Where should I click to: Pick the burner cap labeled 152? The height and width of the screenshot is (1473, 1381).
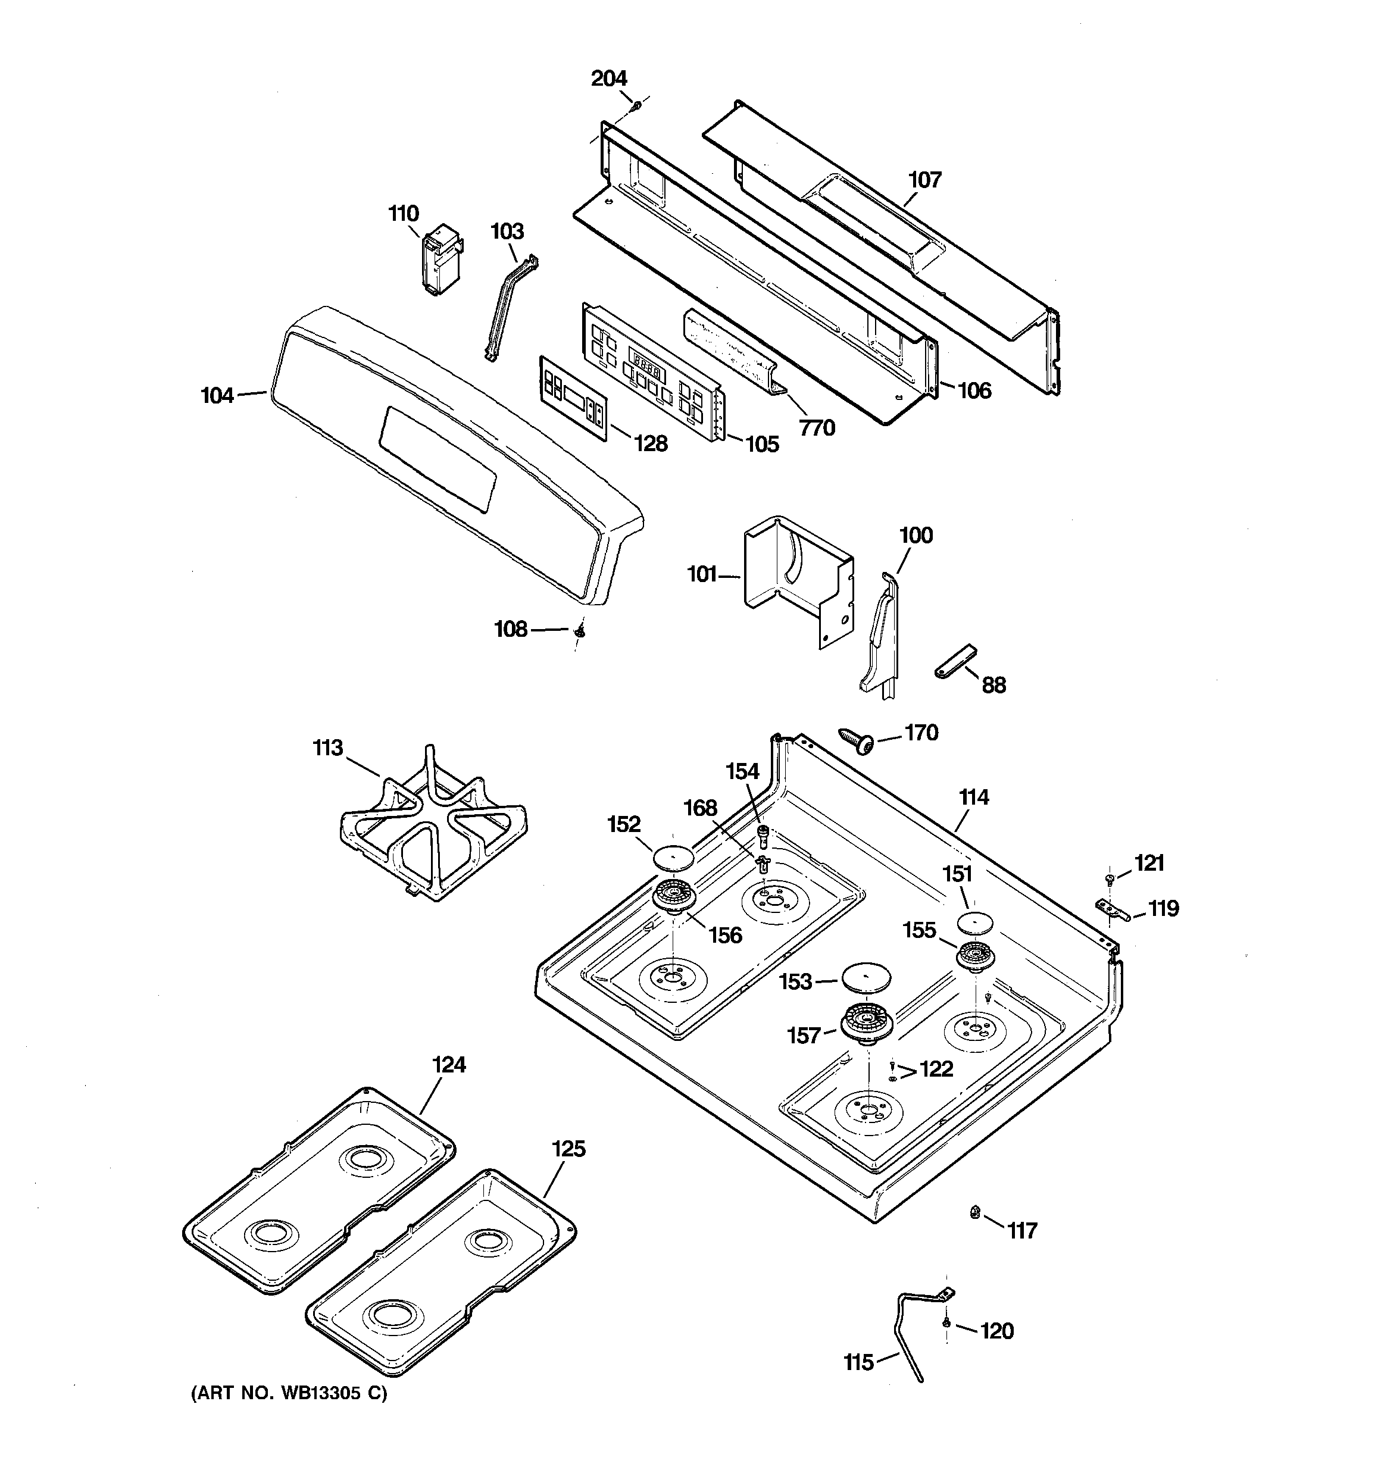click(672, 857)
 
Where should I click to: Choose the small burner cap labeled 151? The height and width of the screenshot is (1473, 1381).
click(974, 923)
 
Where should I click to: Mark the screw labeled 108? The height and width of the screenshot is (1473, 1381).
click(581, 630)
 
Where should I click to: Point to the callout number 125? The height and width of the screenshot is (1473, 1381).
click(568, 1149)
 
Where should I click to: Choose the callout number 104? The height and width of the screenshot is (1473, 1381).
click(217, 396)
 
